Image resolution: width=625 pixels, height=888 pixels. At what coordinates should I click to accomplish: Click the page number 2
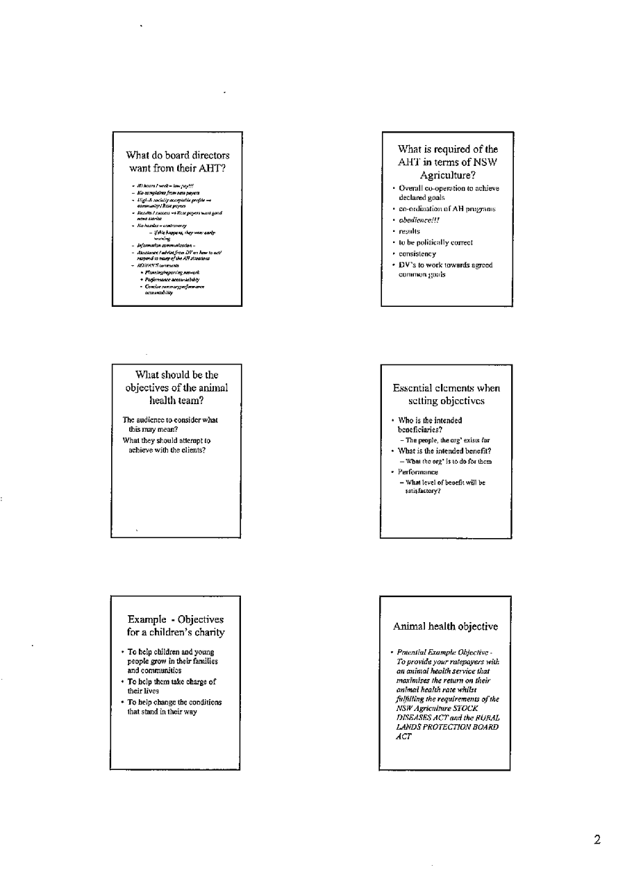point(597,840)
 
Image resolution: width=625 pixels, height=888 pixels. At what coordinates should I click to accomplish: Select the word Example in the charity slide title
point(148,619)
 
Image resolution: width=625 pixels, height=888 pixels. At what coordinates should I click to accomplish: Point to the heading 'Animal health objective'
point(445,626)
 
